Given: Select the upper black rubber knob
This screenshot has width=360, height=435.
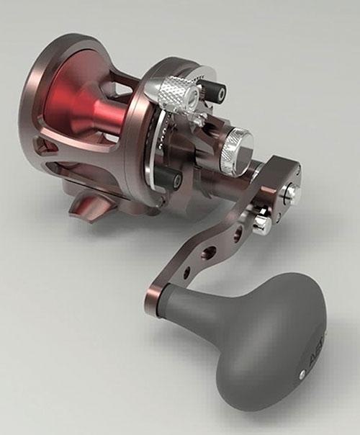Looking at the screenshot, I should pyautogui.click(x=214, y=91).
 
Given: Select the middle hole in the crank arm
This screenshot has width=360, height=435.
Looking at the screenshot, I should pyautogui.click(x=210, y=253).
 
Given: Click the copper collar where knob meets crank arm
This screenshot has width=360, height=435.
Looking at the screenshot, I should pyautogui.click(x=156, y=293).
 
